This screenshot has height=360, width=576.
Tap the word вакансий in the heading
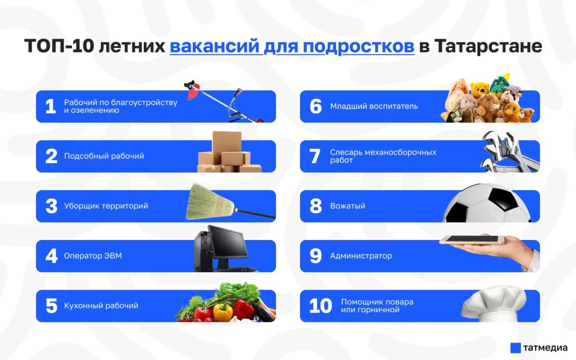click(214, 46)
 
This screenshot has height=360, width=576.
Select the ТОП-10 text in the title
click(59, 46)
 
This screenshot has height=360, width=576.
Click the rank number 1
click(50, 106)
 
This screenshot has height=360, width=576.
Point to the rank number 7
click(315, 156)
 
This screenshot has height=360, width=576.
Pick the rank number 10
click(321, 306)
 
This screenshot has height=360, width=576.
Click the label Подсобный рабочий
click(104, 156)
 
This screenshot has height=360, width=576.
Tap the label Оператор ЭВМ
click(93, 256)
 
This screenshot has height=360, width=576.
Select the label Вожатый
click(348, 206)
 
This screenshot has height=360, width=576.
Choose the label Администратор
click(361, 256)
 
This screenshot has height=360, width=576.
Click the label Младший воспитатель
click(374, 106)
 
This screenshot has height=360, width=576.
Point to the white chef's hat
click(494, 303)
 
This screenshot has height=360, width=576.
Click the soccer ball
click(487, 203)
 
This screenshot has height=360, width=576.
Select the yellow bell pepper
click(223, 312)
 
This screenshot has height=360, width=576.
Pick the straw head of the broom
click(210, 202)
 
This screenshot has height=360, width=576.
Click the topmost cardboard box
click(227, 142)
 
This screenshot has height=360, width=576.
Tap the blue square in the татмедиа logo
click(516, 348)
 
